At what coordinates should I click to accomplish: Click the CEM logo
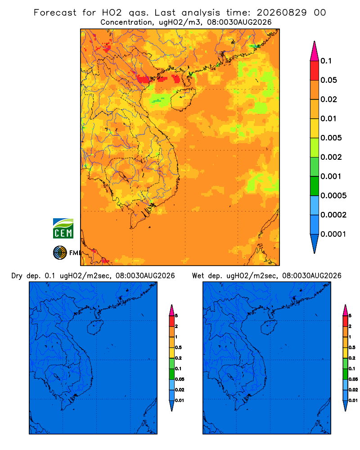(x=63, y=229)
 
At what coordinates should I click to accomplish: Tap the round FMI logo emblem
(x=60, y=252)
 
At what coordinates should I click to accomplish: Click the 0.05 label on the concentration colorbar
(x=328, y=80)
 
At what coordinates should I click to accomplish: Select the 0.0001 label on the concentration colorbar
(x=333, y=234)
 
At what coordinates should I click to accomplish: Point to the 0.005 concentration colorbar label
(x=331, y=138)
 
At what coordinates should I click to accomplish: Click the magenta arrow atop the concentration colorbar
(x=315, y=51)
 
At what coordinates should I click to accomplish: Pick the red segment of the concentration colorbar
(x=315, y=71)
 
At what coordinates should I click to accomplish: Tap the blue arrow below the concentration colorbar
(x=315, y=243)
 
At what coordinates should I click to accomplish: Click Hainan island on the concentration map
(x=183, y=99)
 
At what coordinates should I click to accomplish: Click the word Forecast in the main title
(x=55, y=13)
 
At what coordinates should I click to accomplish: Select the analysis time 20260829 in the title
(x=282, y=13)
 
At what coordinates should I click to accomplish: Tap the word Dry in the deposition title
(x=17, y=276)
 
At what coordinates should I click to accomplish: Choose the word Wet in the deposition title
(x=198, y=276)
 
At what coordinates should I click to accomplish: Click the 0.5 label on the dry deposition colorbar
(x=178, y=347)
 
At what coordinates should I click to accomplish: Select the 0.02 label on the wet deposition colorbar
(x=353, y=390)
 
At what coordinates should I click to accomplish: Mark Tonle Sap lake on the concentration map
(x=123, y=176)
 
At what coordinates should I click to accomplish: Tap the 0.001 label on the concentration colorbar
(x=331, y=176)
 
